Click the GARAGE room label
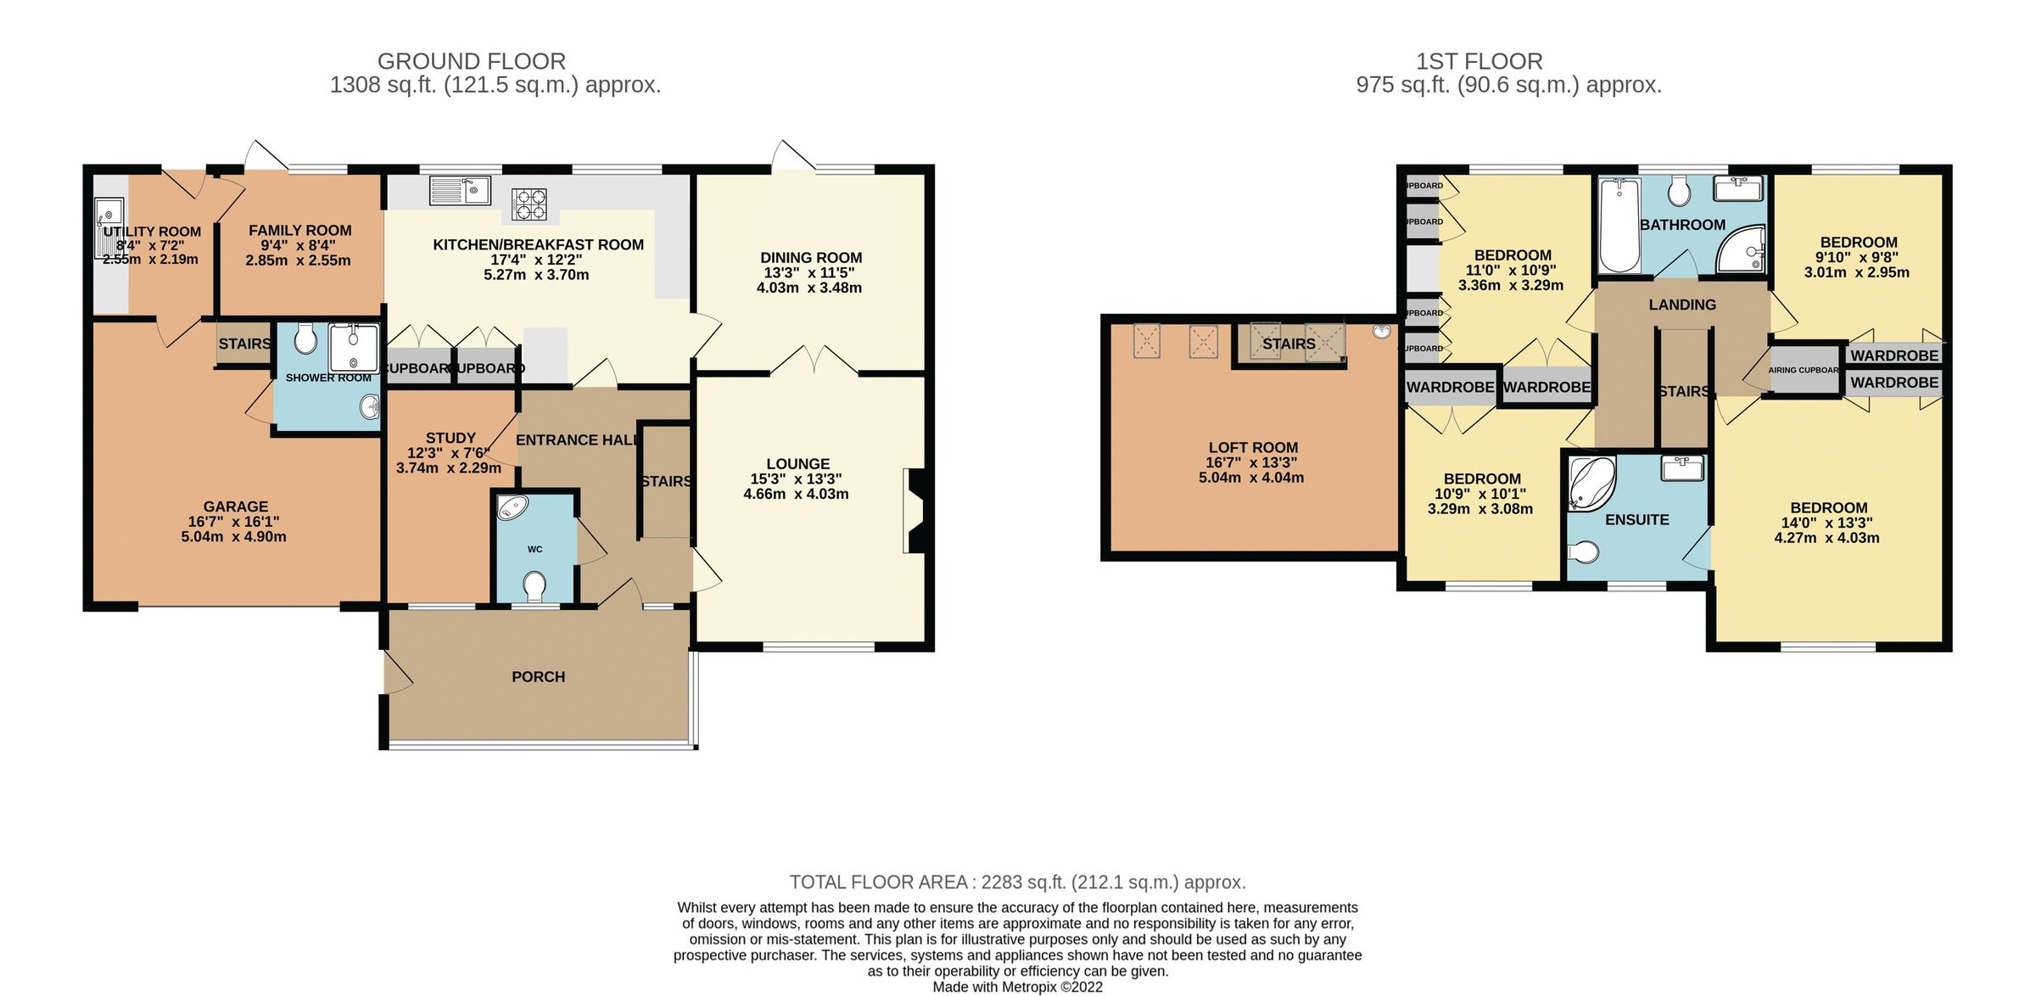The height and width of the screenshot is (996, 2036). click(x=235, y=506)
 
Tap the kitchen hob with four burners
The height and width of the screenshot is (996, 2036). click(x=529, y=205)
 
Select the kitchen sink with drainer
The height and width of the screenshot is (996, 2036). click(x=460, y=190)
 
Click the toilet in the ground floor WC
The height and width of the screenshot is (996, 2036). click(x=534, y=585)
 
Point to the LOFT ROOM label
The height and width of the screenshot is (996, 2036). click(x=1253, y=447)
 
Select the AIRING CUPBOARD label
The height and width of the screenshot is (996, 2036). click(x=1804, y=370)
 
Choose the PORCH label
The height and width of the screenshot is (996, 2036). click(x=538, y=676)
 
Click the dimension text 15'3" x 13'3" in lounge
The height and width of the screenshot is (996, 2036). click(x=796, y=478)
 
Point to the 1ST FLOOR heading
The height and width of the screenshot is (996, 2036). click(x=1479, y=61)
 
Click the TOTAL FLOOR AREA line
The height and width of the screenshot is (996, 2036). click(x=1017, y=881)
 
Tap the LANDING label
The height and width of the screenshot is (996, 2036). click(x=1681, y=305)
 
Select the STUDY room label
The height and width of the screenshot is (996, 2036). click(x=450, y=438)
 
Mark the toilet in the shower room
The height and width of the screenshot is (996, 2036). click(x=305, y=341)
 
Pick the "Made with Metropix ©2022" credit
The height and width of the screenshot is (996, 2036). click(x=1017, y=987)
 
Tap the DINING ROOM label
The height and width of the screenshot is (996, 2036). click(x=810, y=257)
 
